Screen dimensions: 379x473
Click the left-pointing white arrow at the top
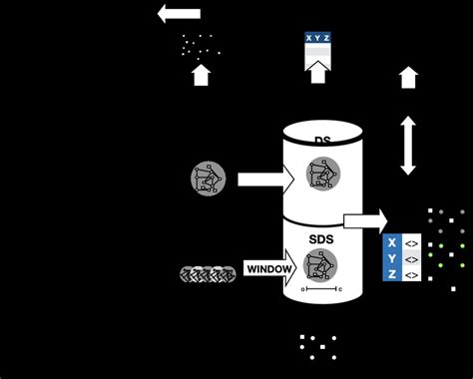point(179,14)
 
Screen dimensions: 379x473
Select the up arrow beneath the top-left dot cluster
point(201,75)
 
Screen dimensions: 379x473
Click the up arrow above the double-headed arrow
point(408,78)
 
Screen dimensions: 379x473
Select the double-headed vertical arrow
point(408,146)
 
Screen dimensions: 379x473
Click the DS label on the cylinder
point(322,140)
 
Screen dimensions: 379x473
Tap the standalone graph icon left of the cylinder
point(208,179)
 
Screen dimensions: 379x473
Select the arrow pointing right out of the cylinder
point(365,220)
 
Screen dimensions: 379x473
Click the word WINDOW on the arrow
point(269,269)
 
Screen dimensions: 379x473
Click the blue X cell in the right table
point(392,241)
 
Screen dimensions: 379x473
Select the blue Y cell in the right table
point(392,257)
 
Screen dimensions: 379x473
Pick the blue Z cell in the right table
point(392,273)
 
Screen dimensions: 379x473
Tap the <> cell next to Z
point(410,273)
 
